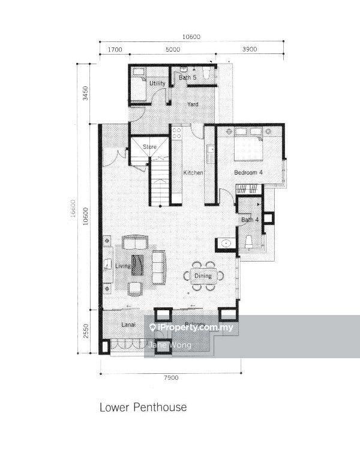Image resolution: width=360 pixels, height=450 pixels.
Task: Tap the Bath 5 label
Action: click(187, 77)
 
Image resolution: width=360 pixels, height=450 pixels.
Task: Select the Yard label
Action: click(193, 104)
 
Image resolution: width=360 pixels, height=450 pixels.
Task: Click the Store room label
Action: click(149, 146)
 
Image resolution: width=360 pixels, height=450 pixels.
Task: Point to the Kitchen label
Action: click(193, 173)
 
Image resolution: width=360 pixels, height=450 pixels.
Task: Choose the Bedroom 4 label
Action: click(248, 173)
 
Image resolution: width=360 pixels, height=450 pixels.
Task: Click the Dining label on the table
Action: click(203, 276)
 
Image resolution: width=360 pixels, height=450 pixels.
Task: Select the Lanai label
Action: click(127, 325)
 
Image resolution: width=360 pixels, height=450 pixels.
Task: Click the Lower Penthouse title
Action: click(143, 407)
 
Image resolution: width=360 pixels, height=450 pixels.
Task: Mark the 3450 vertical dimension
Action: click(86, 93)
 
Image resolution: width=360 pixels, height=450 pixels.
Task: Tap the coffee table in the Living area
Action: click(138, 265)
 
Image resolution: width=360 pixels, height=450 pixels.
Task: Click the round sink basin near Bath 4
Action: click(226, 243)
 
